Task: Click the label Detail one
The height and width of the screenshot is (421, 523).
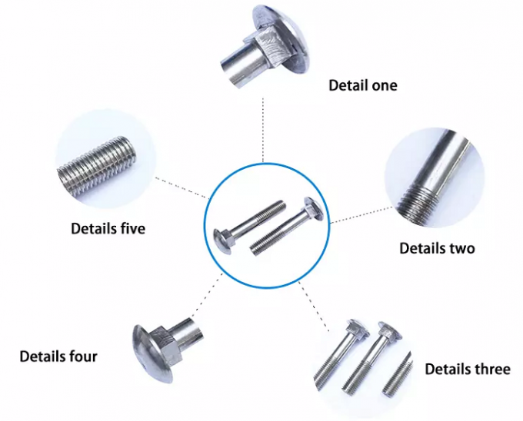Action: click(362, 85)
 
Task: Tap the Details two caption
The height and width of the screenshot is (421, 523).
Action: click(437, 248)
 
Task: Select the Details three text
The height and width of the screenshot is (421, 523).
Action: click(467, 369)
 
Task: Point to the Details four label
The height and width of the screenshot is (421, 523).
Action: click(58, 356)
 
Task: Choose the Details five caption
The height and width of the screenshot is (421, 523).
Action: click(108, 228)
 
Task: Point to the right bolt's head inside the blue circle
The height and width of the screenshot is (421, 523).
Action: click(311, 208)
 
